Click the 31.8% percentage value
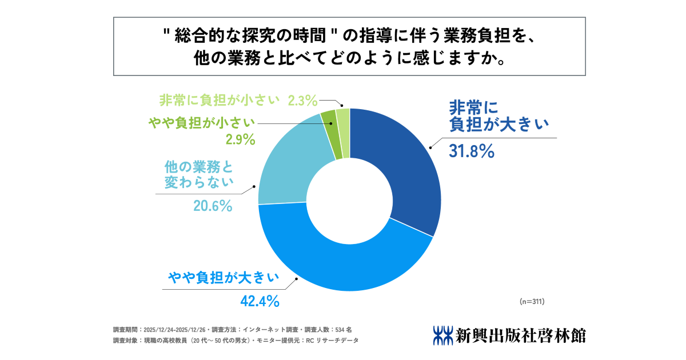click(469, 151)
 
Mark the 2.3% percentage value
click(302, 101)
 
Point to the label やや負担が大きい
click(223, 278)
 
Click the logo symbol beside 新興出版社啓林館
click(443, 335)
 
